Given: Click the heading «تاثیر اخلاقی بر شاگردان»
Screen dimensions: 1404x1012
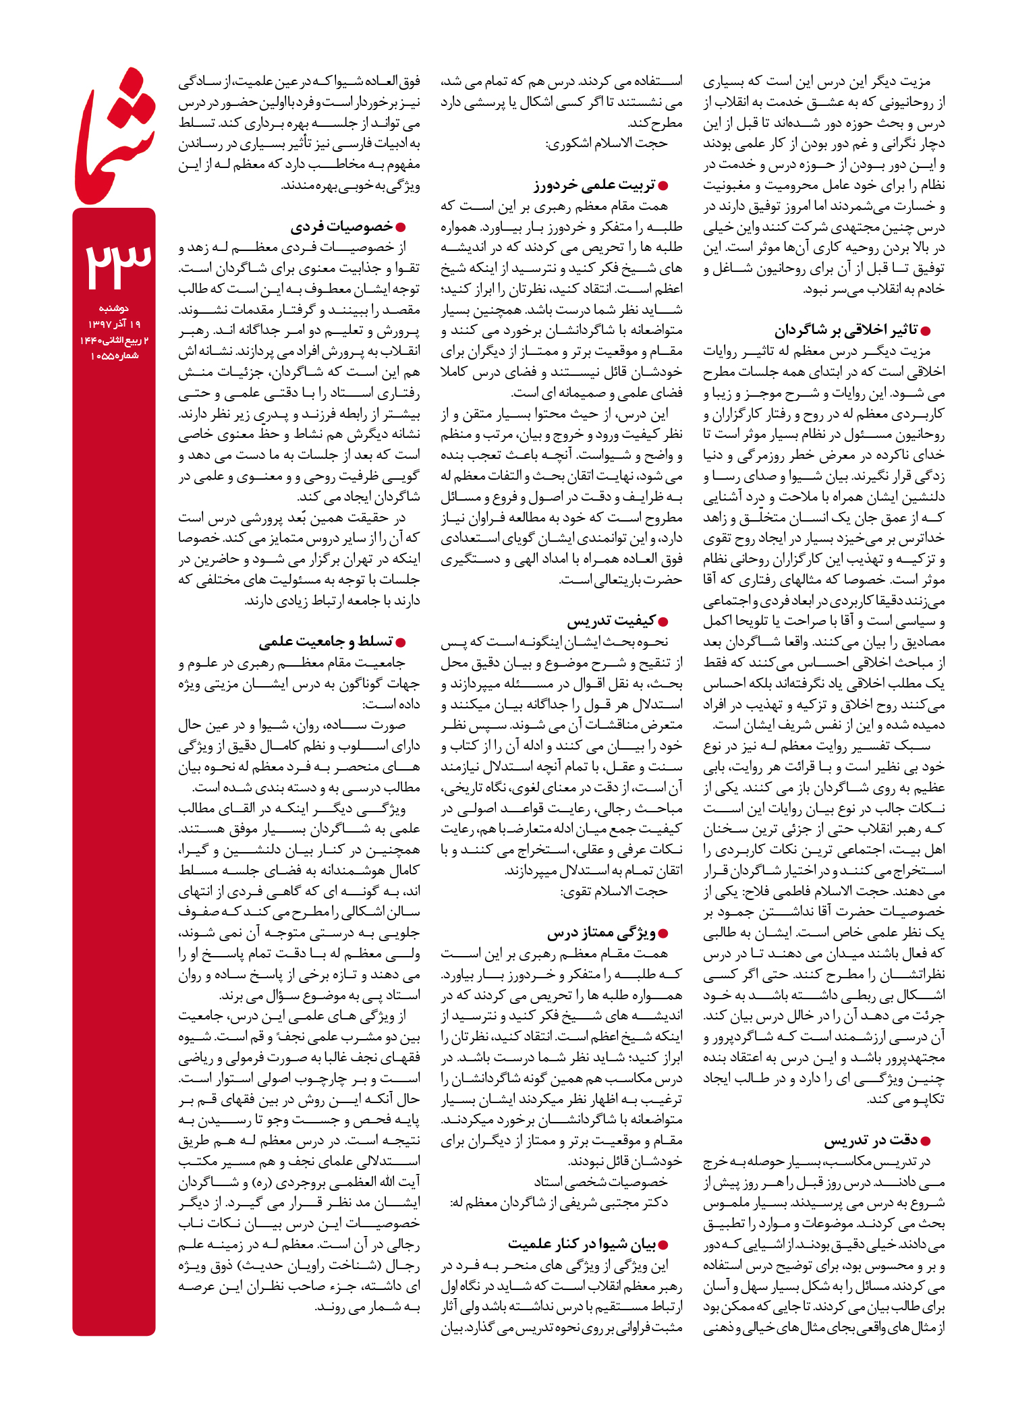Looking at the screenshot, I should point(846,330).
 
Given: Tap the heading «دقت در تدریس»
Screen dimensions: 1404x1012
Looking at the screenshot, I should point(870,1140).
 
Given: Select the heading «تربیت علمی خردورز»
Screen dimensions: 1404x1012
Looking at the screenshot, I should point(594,185).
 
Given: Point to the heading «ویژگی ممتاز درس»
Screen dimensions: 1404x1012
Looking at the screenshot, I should point(601,933).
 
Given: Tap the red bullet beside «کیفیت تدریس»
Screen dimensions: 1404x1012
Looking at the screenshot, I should point(663,621).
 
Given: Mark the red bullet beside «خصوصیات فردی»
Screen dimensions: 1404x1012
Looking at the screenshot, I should point(401,227).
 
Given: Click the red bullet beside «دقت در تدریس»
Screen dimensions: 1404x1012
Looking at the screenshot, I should point(926,1141).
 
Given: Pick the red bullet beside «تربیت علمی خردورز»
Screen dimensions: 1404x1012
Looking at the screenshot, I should point(663,186).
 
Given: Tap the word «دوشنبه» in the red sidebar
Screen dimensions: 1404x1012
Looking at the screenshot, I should point(113,308).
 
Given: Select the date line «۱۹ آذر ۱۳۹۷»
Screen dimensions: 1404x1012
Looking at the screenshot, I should point(113,325).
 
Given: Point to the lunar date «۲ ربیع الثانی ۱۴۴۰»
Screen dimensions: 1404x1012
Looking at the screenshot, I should point(113,340).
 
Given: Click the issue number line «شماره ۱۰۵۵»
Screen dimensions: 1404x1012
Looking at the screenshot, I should point(113,356).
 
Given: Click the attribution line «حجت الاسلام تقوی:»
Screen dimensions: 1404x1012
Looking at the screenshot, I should point(613,891).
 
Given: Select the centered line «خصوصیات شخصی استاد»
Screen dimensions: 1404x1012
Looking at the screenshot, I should point(600,1181).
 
